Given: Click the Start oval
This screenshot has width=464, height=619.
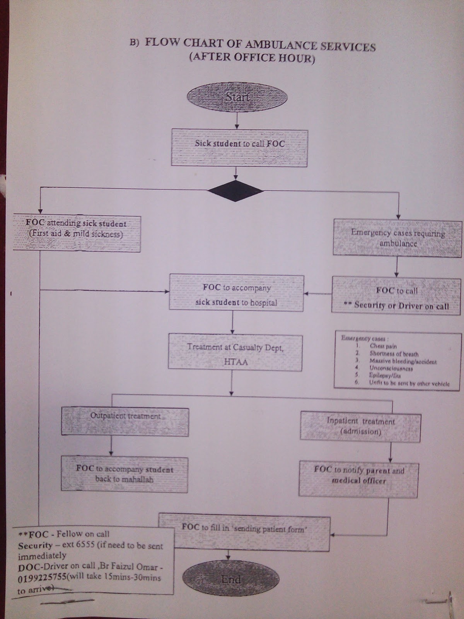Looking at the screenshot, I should [237, 97].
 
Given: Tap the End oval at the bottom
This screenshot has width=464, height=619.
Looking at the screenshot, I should [231, 579].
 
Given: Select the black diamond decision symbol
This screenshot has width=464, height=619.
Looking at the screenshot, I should [236, 191].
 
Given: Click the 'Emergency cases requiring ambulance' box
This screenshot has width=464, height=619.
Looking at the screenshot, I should [397, 238].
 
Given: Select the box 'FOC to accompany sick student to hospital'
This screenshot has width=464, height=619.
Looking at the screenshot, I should [236, 292].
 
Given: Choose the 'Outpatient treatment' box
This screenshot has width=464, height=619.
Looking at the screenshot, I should [125, 422].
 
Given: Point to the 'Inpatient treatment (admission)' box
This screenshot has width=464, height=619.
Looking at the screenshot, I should [360, 426].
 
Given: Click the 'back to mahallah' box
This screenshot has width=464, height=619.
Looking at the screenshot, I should [125, 475].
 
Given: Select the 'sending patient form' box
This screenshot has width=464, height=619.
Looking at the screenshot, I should [244, 531].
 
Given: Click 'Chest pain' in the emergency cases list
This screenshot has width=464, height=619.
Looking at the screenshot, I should [383, 346].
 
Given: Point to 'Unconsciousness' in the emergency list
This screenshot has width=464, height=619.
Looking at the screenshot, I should [391, 368].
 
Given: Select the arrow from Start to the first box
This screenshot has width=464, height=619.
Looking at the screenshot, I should [237, 120].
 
